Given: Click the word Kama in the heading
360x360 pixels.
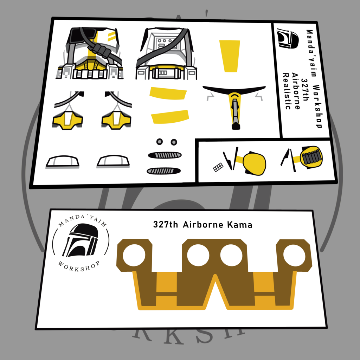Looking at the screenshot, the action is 240,225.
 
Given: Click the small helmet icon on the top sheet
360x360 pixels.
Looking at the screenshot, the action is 287,38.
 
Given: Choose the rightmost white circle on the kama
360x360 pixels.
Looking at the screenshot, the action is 294,255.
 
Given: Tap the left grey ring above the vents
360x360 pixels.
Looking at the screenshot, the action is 160,142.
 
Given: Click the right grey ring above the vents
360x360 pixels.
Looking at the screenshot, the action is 174,142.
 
